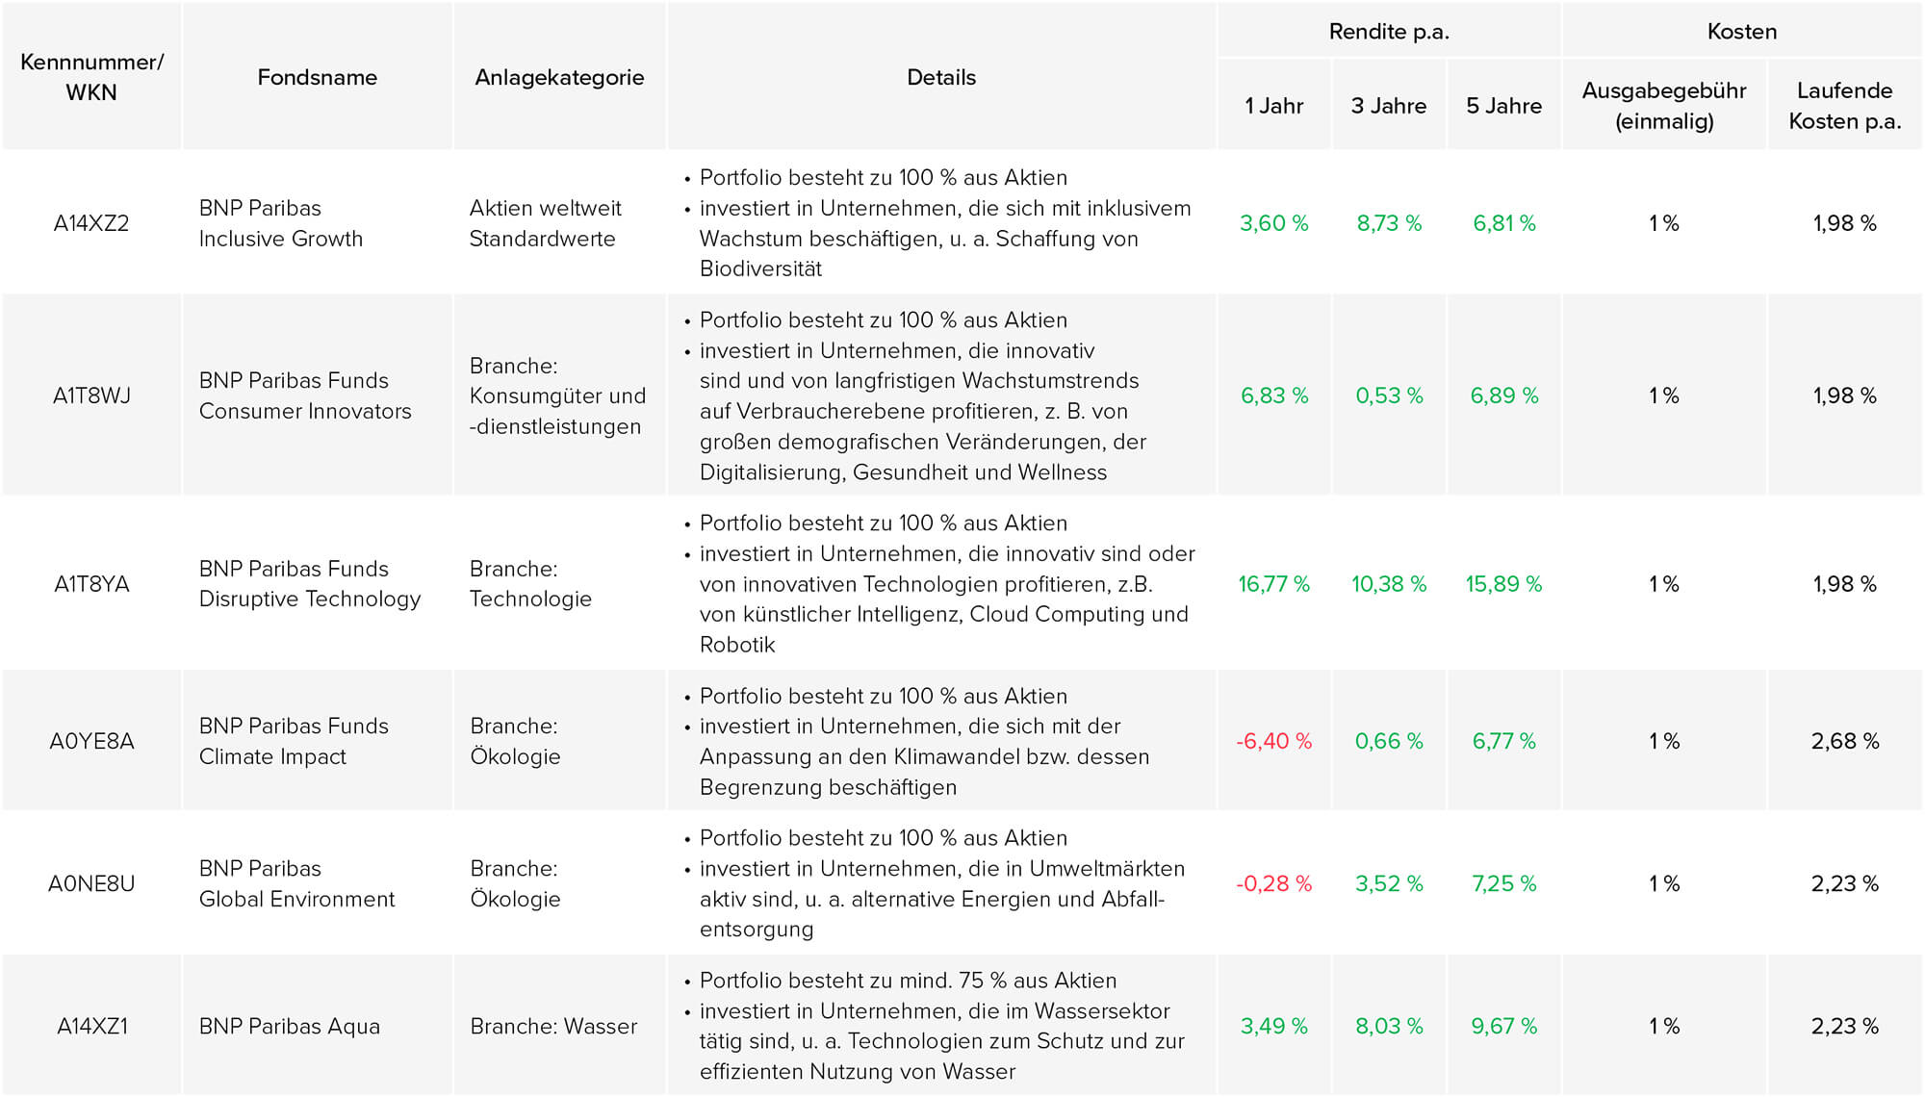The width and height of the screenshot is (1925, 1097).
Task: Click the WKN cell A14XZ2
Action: (91, 223)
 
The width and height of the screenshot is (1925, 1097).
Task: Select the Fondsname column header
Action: (317, 77)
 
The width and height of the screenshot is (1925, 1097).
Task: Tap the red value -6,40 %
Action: (1273, 741)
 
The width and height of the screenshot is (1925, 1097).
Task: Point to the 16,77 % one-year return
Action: (1273, 584)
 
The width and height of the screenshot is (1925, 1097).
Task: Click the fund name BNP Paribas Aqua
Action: (290, 1026)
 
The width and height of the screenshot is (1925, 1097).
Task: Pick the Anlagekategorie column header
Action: (559, 78)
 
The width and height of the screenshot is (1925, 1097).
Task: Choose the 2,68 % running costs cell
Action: (1844, 741)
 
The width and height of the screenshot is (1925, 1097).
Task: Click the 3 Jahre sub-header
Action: (1388, 106)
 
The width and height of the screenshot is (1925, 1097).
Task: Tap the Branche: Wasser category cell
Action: (553, 1026)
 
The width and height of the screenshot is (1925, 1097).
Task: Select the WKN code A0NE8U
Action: (91, 883)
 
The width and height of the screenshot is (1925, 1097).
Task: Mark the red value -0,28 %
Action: (1273, 883)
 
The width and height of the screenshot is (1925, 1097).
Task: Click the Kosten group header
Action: (1741, 32)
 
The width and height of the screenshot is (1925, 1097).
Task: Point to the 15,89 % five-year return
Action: (1503, 584)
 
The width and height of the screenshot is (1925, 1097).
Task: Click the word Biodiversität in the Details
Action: (760, 269)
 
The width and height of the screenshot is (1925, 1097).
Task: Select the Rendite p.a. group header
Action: (1388, 32)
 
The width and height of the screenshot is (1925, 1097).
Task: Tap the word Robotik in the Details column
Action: (737, 645)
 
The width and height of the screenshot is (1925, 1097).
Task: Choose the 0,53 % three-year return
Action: (1388, 395)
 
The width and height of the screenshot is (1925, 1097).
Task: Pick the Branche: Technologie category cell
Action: (530, 584)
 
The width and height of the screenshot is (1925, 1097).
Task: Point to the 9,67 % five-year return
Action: (1503, 1026)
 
